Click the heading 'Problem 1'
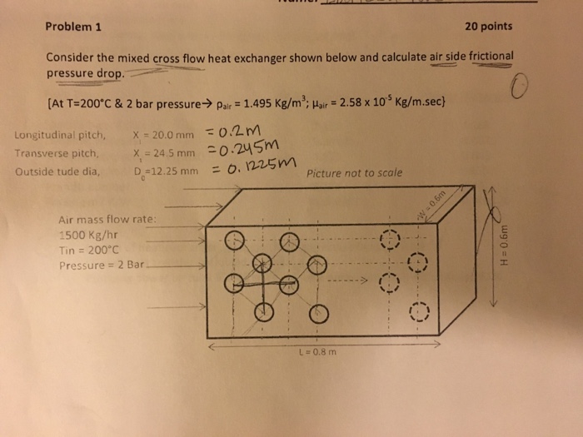click(73, 25)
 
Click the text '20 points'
click(489, 26)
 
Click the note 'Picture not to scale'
click(354, 174)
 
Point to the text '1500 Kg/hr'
click(84, 236)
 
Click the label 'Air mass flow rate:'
click(107, 221)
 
